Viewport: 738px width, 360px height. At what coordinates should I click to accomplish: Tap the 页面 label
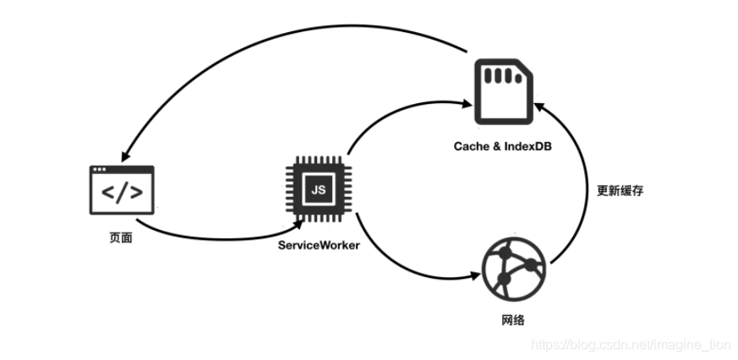click(121, 237)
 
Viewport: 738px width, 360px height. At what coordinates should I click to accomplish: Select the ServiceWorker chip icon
click(319, 190)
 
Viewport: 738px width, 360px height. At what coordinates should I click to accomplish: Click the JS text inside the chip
click(319, 190)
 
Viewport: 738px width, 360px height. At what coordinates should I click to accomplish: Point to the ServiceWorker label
click(319, 245)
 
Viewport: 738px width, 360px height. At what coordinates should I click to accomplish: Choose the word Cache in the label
click(470, 148)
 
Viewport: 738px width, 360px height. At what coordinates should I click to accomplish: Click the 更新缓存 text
click(620, 191)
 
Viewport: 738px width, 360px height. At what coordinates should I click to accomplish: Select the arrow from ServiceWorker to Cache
click(397, 112)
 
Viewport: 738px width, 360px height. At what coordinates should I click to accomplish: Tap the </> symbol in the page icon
click(122, 194)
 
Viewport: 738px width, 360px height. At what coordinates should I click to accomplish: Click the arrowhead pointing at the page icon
click(125, 158)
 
